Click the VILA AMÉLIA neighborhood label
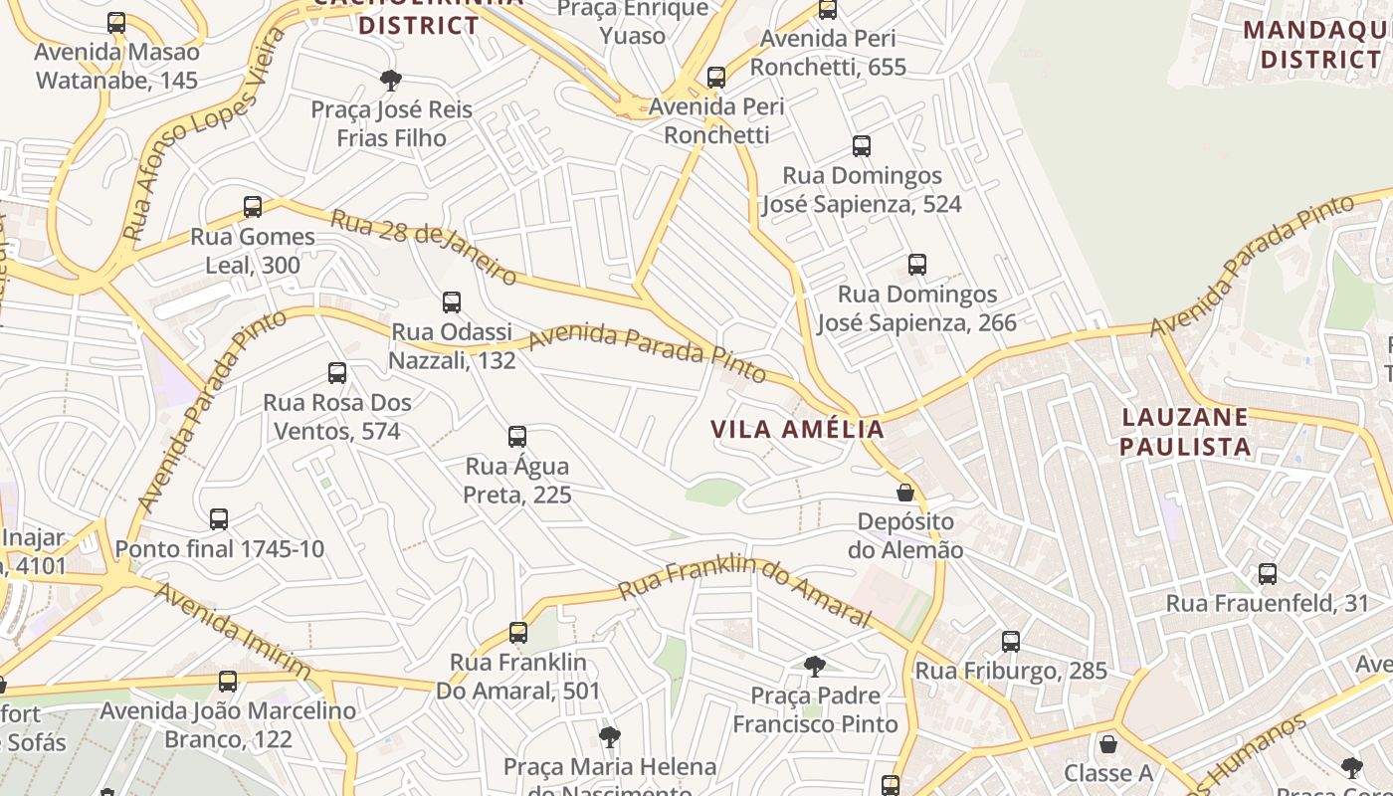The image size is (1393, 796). tap(797, 429)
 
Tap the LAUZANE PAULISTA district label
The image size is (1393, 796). tap(1185, 431)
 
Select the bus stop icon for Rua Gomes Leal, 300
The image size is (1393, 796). tap(253, 207)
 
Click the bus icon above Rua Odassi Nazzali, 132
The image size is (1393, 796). tap(452, 302)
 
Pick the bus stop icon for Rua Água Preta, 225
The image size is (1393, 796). tap(517, 437)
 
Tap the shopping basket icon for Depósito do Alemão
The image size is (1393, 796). tap(905, 493)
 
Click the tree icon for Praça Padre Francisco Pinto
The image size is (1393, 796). tap(815, 667)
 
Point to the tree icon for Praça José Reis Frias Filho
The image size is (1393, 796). tap(391, 81)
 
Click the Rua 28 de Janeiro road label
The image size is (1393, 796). tap(424, 246)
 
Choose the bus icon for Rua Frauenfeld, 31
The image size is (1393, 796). tap(1268, 574)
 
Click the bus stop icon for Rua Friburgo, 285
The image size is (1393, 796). tap(1011, 642)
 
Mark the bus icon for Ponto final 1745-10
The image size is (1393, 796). tap(219, 519)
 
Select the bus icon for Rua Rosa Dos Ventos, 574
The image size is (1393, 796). tap(337, 374)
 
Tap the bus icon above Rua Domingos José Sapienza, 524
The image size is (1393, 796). tap(862, 147)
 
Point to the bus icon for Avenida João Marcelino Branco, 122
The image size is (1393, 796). tap(228, 682)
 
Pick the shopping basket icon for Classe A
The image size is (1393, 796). tap(1107, 744)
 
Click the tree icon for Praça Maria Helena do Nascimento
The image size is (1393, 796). tap(610, 737)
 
